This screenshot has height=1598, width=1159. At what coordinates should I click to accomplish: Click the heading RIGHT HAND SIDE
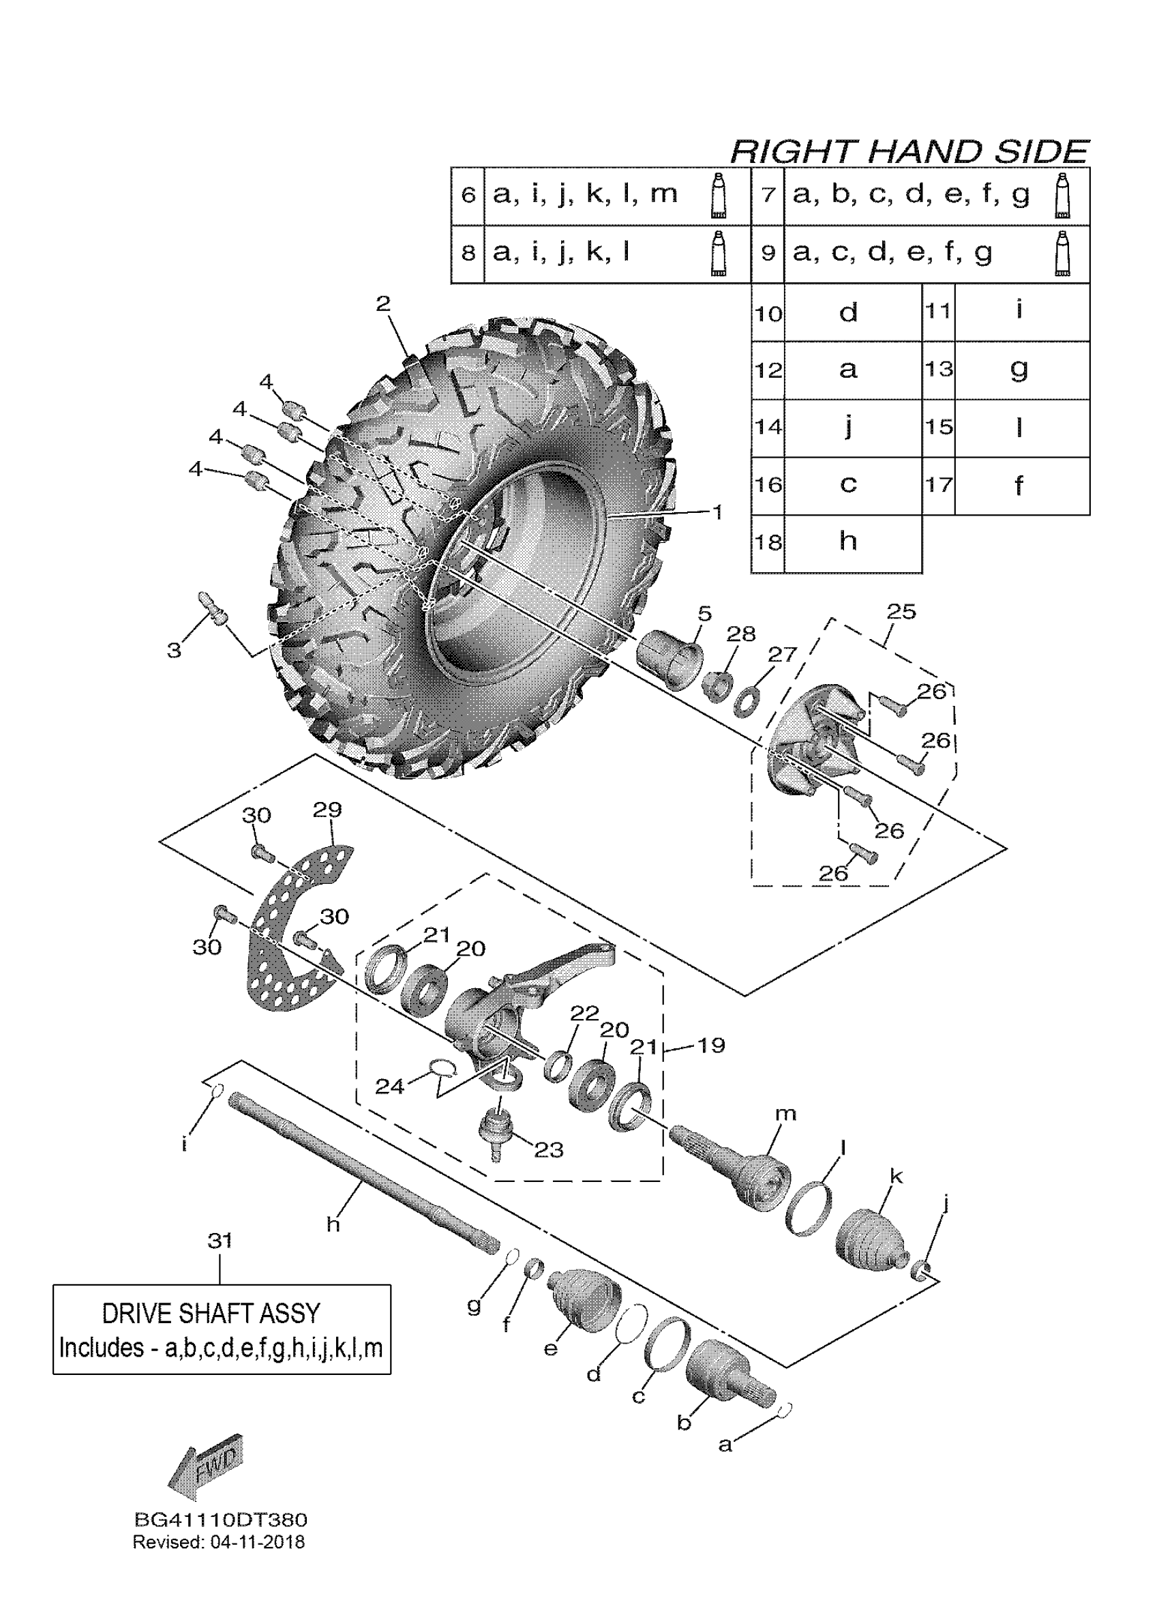tap(909, 151)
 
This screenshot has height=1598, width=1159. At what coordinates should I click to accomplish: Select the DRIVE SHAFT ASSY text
tap(211, 1314)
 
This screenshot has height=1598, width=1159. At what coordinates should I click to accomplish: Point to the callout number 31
tap(220, 1240)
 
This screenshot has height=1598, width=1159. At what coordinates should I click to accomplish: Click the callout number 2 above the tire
tap(383, 304)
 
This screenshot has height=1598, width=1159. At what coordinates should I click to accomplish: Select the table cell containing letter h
tap(849, 541)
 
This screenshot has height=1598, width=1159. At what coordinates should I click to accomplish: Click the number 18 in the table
tap(768, 542)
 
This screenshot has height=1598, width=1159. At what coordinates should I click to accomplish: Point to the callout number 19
tap(710, 1045)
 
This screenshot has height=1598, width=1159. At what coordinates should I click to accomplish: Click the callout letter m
tap(785, 1113)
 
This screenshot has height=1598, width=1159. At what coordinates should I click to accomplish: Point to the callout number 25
tap(901, 612)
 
